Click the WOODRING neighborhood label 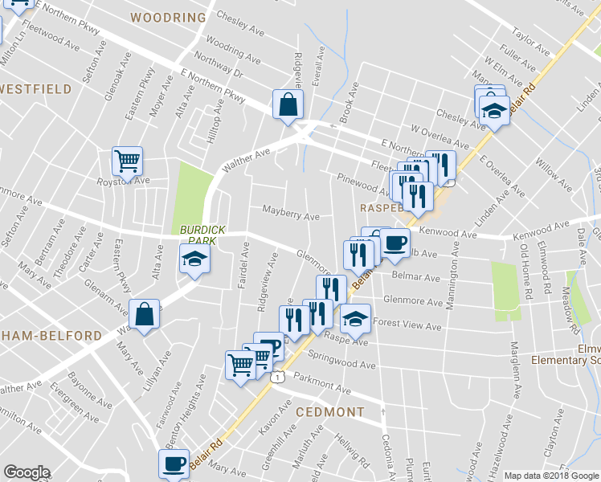pos(168,17)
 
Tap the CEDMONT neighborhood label pos(330,412)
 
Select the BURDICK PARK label pos(202,235)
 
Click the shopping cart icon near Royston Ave pos(127,161)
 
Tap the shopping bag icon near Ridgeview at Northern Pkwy pos(288,104)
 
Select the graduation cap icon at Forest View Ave pos(355,318)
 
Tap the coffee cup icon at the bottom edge pos(174,464)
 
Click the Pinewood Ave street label pos(362,184)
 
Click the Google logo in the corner pos(27,472)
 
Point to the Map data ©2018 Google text pos(552,476)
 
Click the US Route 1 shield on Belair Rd pos(277,376)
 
